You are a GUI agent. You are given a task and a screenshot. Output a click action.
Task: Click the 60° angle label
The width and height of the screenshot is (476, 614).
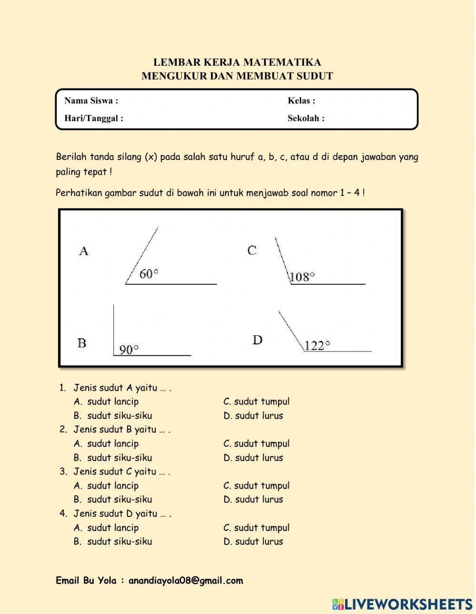[x=149, y=274]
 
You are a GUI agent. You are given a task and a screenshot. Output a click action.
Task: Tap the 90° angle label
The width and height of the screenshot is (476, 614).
[x=129, y=350]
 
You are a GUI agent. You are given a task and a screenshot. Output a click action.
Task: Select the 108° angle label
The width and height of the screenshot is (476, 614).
[x=302, y=277]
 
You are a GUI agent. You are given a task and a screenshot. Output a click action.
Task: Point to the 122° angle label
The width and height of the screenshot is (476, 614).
[x=317, y=346]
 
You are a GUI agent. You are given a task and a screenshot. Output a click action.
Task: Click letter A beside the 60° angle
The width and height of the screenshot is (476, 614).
[x=84, y=251]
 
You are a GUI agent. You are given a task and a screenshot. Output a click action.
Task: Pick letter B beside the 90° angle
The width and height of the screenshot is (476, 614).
[x=82, y=343]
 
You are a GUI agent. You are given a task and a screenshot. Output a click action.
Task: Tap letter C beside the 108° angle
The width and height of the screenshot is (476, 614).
[x=252, y=250]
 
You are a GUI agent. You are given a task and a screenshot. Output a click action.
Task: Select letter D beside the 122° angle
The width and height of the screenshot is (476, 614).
[x=257, y=340]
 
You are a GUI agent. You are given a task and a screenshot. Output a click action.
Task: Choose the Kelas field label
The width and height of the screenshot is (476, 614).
[x=301, y=101]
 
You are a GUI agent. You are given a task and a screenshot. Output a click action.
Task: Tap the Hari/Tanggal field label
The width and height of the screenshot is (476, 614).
[x=94, y=118]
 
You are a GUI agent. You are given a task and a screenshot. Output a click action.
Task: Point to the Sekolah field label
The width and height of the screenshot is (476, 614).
[x=306, y=118]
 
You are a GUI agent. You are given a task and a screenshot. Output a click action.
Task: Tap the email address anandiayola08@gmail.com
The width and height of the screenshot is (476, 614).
[x=186, y=581]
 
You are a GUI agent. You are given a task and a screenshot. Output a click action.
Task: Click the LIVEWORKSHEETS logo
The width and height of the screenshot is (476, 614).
[x=402, y=604]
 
